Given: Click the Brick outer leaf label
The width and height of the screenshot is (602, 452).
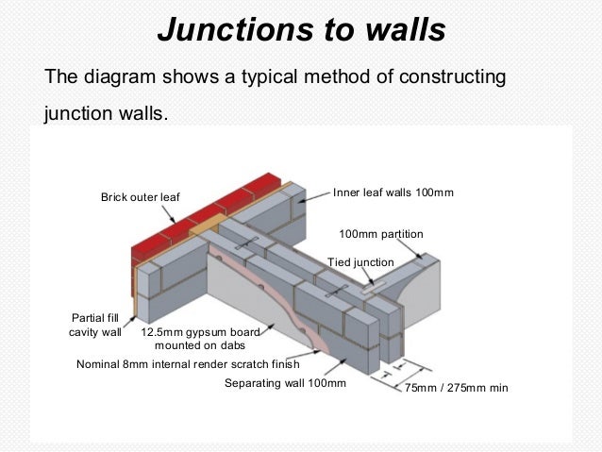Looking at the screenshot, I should pyautogui.click(x=140, y=197).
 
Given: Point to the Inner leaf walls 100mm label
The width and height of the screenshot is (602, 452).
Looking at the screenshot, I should pyautogui.click(x=393, y=193).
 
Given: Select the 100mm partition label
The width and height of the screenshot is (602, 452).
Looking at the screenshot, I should pyautogui.click(x=380, y=233).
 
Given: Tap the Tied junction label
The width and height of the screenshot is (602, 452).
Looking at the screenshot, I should pyautogui.click(x=360, y=261).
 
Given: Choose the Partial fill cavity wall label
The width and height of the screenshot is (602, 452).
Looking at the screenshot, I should pyautogui.click(x=94, y=325).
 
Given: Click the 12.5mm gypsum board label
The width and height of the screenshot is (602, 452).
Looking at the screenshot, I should pyautogui.click(x=200, y=332).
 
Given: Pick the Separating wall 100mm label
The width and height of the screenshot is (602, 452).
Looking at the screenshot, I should pyautogui.click(x=285, y=383).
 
